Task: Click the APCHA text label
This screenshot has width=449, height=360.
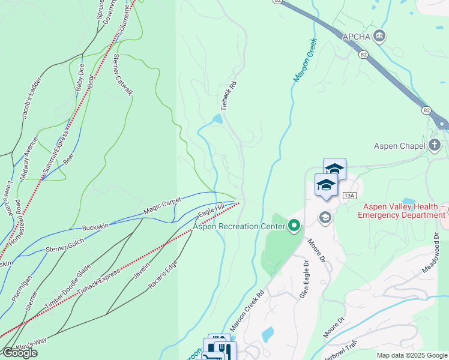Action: click(x=357, y=37)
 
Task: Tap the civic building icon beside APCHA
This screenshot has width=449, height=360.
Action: click(x=379, y=37)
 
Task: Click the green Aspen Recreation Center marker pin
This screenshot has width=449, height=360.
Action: click(x=294, y=226)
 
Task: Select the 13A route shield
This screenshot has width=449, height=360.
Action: click(x=350, y=196)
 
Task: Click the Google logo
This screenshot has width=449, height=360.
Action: click(x=19, y=353)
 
